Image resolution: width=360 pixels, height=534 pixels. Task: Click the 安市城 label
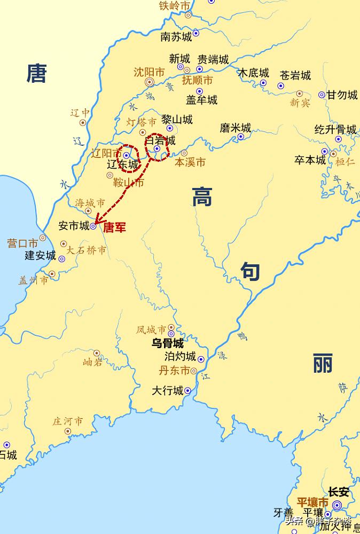click(x=74, y=226)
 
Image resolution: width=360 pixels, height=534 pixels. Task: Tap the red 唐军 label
click(x=114, y=227)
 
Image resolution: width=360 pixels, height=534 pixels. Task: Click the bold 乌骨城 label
click(x=167, y=343)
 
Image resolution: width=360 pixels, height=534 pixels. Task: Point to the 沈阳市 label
click(x=149, y=71)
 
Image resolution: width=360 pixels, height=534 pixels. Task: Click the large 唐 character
click(x=37, y=73)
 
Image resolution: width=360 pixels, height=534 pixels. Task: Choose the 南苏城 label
click(x=176, y=37)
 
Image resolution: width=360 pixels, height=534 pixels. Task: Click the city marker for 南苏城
click(x=196, y=33)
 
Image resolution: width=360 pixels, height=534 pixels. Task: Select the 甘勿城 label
click(x=342, y=95)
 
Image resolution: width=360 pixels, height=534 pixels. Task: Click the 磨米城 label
click(x=235, y=128)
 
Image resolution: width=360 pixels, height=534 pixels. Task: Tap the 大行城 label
click(x=167, y=391)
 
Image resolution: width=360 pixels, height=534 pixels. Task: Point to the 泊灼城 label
click(x=181, y=357)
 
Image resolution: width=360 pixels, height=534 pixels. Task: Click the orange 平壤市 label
click(x=312, y=502)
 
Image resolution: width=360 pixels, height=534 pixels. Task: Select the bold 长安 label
click(x=338, y=492)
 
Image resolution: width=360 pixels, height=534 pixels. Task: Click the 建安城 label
click(x=40, y=255)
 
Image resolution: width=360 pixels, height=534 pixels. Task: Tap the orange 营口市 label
click(x=22, y=243)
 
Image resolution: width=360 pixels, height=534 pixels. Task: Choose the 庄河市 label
click(x=67, y=421)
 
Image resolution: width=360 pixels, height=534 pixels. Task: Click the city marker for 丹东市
click(x=194, y=371)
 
